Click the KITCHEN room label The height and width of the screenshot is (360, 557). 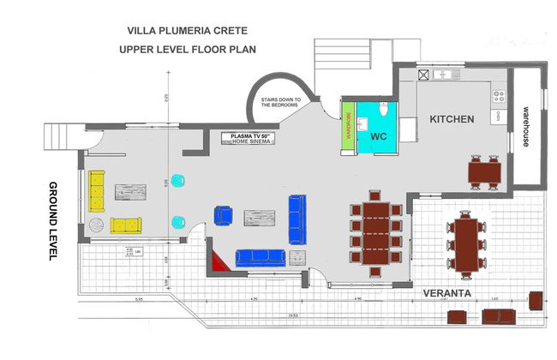452,119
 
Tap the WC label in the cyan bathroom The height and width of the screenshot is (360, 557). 380,136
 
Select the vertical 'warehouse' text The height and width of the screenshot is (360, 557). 525,127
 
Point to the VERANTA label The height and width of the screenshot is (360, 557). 446,293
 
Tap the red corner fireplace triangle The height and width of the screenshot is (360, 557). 220,261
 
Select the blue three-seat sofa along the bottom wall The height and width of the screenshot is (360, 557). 260,255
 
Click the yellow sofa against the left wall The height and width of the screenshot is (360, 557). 97,189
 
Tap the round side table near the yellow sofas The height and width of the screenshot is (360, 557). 95,225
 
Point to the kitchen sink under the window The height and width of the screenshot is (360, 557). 443,75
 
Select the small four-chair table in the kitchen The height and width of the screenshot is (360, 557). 486,171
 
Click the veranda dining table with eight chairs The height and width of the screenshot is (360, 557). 467,243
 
